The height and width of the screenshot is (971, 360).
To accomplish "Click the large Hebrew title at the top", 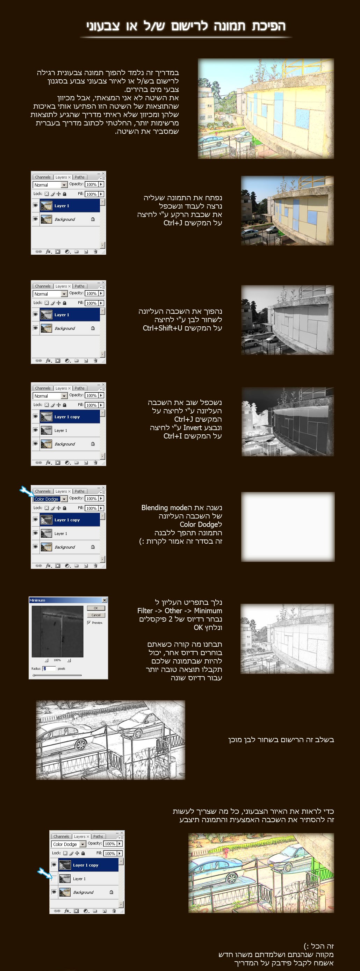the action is pos(186,26).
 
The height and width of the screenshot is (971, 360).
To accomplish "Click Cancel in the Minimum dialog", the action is pos(96,615).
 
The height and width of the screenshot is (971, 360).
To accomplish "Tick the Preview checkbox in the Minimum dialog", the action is pos(89,622).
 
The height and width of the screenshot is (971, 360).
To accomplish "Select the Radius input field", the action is pos(49,668).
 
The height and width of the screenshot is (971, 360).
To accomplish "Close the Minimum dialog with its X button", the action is pos(105,600).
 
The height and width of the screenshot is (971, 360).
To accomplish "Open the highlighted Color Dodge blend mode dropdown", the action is pos(50,499).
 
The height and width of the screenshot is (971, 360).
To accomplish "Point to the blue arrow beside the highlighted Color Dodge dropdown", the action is pos(26,491).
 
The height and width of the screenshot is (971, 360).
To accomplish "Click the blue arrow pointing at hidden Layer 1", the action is pos(44,872).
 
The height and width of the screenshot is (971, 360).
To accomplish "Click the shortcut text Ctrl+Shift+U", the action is pos(163,328).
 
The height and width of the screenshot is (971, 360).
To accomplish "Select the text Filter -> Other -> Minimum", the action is pos(179,611).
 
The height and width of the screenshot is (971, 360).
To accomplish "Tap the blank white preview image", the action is pos(288,526).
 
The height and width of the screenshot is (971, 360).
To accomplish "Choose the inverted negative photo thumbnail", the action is pos(288,421).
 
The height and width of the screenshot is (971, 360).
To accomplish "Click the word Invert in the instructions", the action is pos(193,427).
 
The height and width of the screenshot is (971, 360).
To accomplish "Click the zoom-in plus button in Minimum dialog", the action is pos(69,660).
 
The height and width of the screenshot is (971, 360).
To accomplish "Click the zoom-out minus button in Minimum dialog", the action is pos(46,660).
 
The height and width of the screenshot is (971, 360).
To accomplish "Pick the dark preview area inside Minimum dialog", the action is pos(57,631).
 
